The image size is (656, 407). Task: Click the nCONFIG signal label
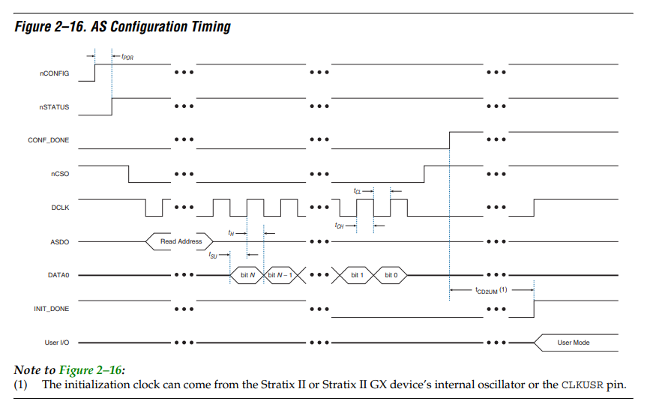tap(55, 73)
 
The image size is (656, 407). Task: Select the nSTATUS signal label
tap(55, 107)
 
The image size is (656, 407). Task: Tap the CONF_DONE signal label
tap(49, 140)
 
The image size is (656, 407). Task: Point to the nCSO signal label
tap(60, 174)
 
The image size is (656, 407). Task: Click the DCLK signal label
tap(60, 208)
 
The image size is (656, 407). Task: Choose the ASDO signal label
tap(60, 242)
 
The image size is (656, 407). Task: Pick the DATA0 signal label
tap(58, 275)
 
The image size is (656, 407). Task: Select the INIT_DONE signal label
tap(52, 309)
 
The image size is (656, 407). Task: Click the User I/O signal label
tap(57, 342)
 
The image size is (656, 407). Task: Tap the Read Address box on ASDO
tap(179, 241)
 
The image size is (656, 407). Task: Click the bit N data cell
tap(247, 275)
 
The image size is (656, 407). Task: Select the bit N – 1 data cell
tap(280, 275)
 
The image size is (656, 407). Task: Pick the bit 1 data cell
tap(357, 275)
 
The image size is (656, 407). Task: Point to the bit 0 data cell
tap(391, 275)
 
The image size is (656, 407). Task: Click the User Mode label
tap(574, 343)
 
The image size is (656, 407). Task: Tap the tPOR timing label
tap(127, 57)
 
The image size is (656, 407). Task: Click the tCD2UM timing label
tap(491, 290)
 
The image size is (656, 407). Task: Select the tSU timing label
tap(213, 255)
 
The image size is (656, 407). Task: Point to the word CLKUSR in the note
tap(582, 385)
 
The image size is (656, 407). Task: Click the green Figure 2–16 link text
tap(91, 370)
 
